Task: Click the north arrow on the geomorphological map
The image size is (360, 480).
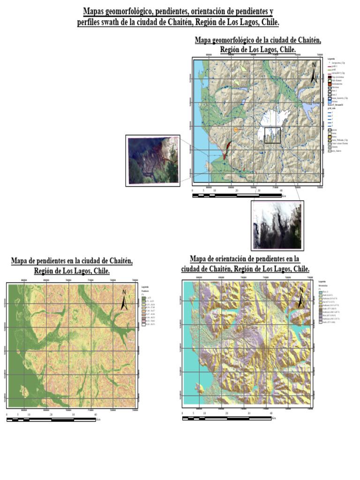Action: pyautogui.click(x=313, y=73)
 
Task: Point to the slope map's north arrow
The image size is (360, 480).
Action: pyautogui.click(x=124, y=300)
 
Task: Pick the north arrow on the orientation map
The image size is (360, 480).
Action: pyautogui.click(x=300, y=298)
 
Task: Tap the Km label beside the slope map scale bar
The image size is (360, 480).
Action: pyautogui.click(x=98, y=420)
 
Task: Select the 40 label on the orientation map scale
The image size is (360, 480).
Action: pyautogui.click(x=271, y=413)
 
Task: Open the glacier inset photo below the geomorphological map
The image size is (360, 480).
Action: pyautogui.click(x=277, y=225)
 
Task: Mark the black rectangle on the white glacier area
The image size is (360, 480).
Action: pyautogui.click(x=272, y=135)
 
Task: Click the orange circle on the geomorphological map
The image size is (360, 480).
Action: pyautogui.click(x=236, y=128)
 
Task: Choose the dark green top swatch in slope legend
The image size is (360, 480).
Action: pyautogui.click(x=143, y=298)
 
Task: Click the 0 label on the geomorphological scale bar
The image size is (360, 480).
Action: pyautogui.click(x=192, y=191)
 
